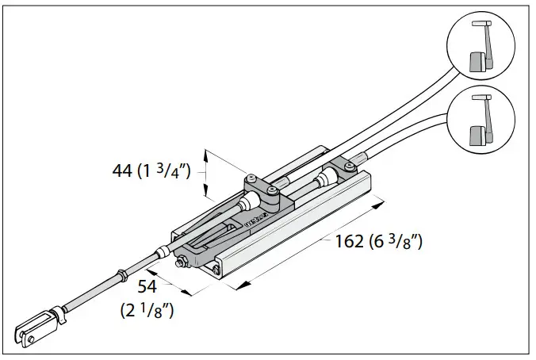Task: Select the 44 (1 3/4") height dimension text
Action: (151, 170)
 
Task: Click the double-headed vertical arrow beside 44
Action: (206, 173)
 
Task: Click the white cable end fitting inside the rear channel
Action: (326, 178)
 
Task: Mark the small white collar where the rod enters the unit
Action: (163, 251)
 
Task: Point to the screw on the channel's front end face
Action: (216, 270)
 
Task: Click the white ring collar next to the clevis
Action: (56, 316)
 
